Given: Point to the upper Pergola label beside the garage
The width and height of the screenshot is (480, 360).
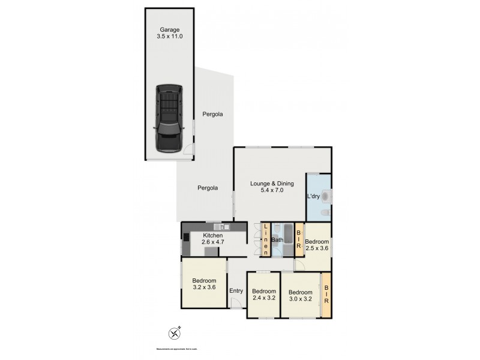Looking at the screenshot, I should pos(212,114).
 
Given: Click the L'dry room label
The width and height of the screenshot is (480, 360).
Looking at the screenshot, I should pos(313,196).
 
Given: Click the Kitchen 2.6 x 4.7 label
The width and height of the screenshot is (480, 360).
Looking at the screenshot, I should pos(213,239).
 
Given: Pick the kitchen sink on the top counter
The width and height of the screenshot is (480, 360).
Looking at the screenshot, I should pos(223,227).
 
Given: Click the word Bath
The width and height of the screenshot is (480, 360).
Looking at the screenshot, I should pos(277,241).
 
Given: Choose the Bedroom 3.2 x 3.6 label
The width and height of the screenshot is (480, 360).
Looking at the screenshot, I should pos(204,283).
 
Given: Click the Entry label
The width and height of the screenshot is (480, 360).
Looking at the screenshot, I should pos(236,291).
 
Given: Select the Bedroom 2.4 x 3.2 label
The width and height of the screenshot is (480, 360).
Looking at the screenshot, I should pos(263,294).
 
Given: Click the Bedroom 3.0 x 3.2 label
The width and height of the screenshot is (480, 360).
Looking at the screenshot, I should pos(301,294).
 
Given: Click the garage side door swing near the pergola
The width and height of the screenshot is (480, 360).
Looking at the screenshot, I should pos(188,152).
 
